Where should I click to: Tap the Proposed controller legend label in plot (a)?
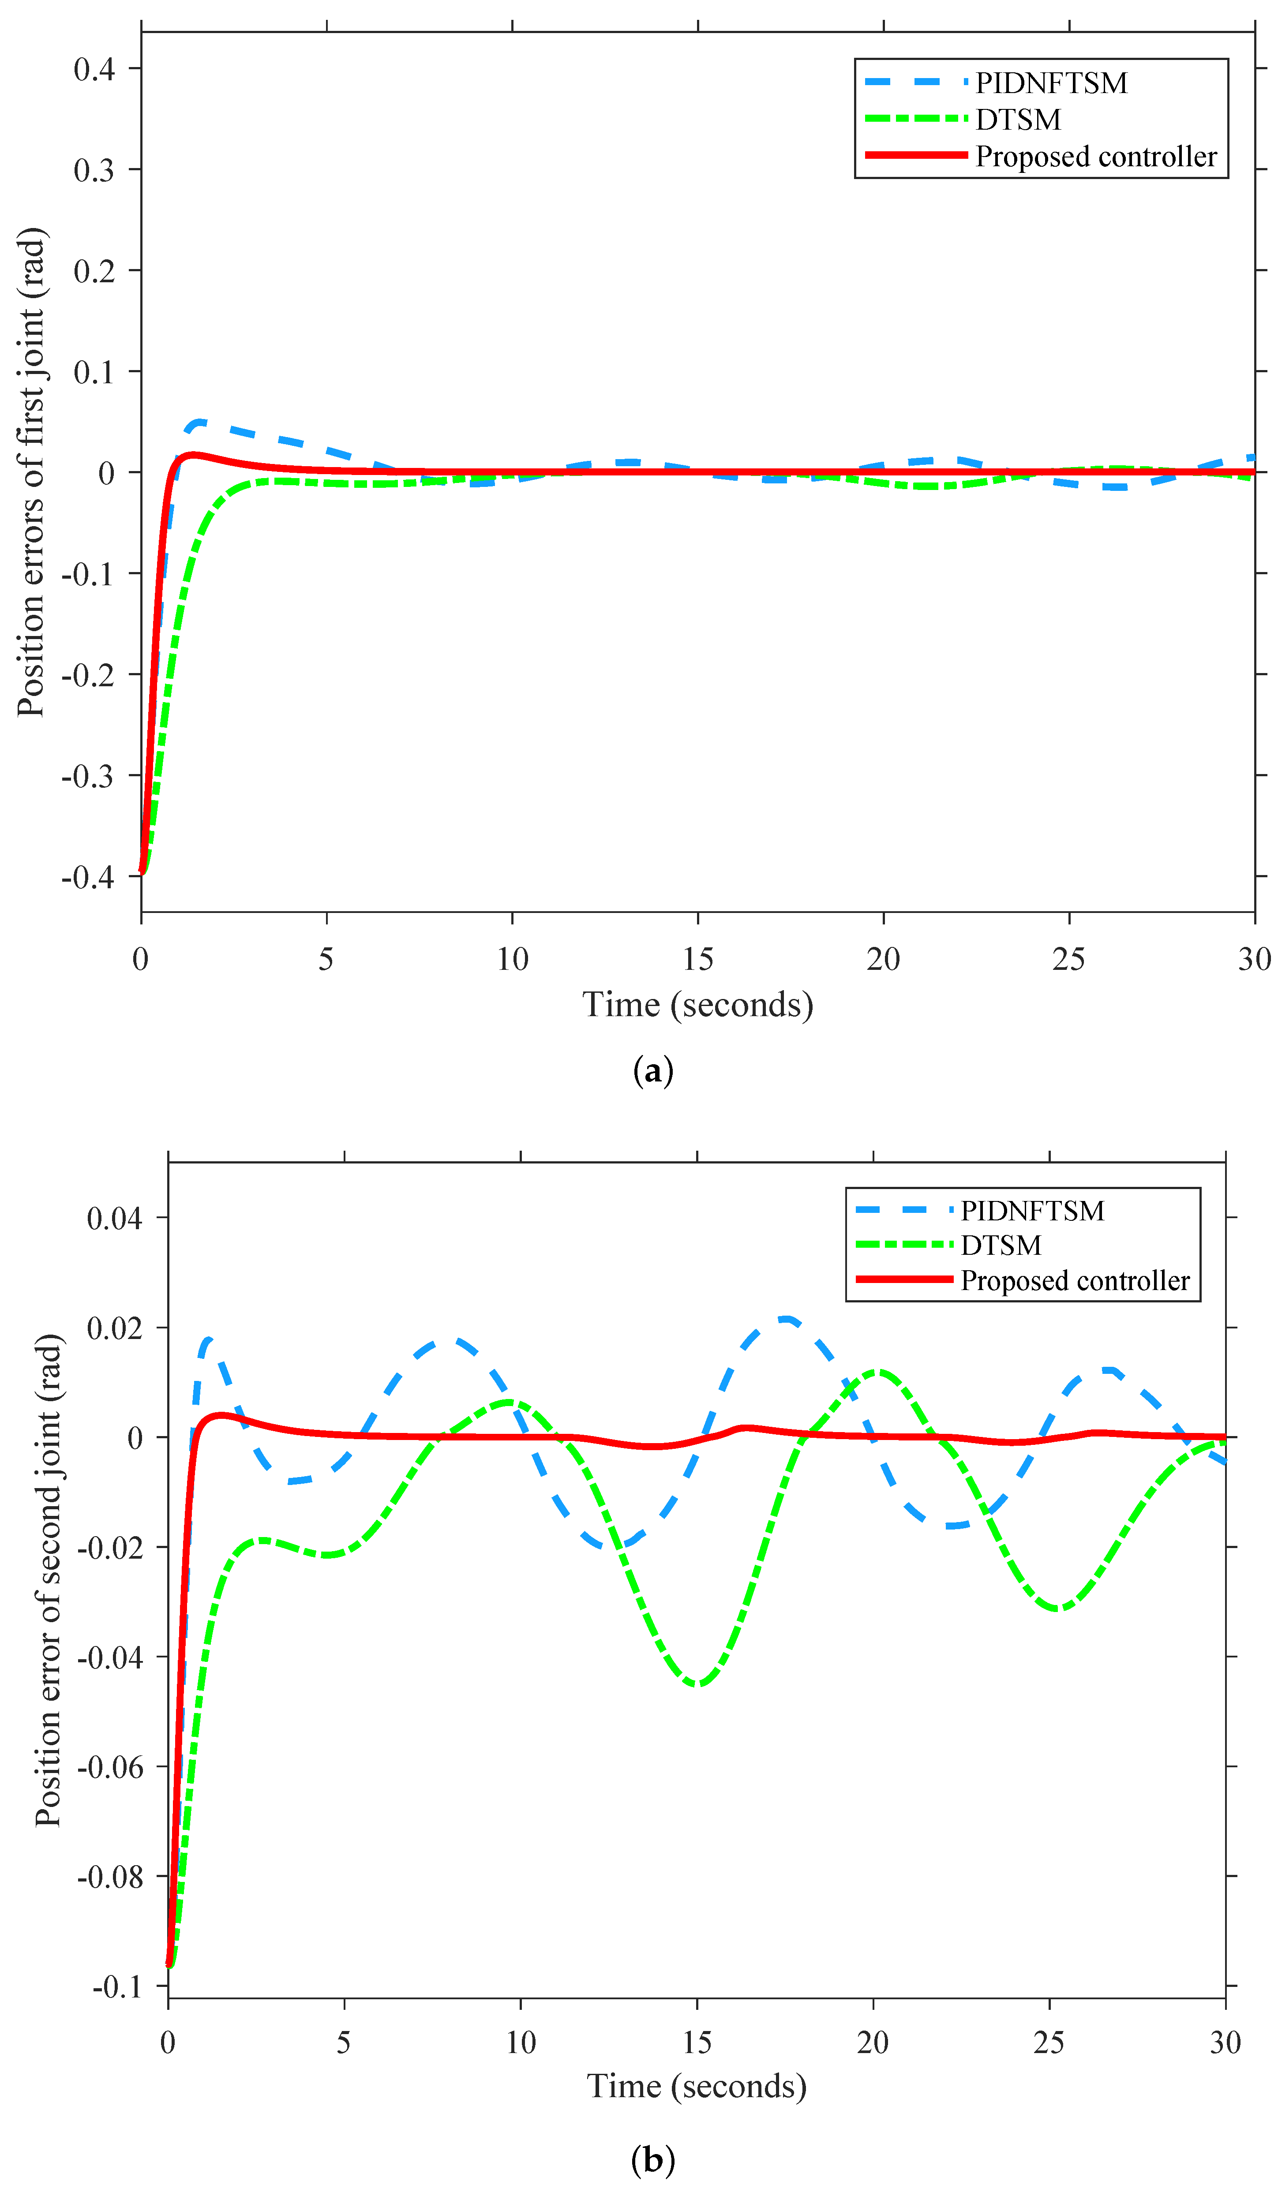click(x=1095, y=157)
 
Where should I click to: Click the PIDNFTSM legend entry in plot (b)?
click(x=1032, y=1211)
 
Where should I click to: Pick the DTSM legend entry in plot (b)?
click(x=1001, y=1246)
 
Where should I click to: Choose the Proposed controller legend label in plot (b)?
click(x=1075, y=1280)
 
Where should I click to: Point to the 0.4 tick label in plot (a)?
click(x=94, y=69)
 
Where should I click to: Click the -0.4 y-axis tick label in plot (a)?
click(x=88, y=877)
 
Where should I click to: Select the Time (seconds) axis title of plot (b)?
click(x=697, y=2087)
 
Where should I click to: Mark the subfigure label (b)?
click(x=652, y=2153)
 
